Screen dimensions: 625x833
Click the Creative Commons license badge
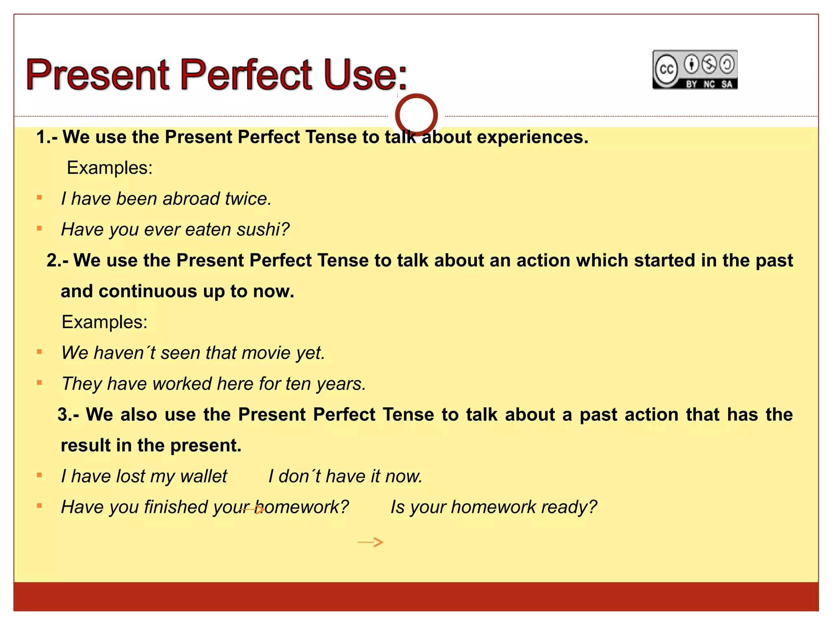click(x=695, y=70)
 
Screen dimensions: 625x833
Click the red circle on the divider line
click(x=416, y=115)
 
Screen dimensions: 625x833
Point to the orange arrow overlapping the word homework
click(x=252, y=509)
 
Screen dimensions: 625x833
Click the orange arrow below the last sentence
click(x=370, y=542)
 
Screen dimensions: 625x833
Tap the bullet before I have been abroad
click(x=39, y=198)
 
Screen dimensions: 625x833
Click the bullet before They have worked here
click(x=39, y=382)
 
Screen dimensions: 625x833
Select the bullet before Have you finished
click(x=39, y=506)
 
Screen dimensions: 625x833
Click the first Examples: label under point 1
click(x=109, y=168)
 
